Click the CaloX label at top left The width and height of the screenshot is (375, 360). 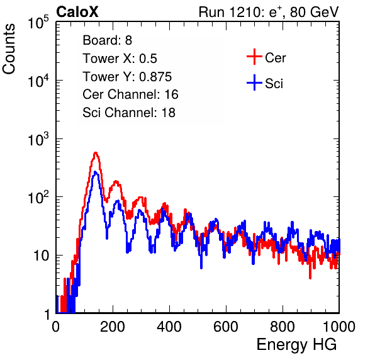tap(77, 12)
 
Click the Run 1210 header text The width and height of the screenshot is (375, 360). tap(269, 12)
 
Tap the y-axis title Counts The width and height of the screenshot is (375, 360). tap(9, 49)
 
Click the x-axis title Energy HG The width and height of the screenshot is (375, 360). tap(296, 345)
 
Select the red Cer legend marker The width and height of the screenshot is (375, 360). tap(254, 57)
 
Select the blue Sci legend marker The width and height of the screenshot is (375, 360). tap(254, 83)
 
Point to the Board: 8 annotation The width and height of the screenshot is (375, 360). tap(107, 40)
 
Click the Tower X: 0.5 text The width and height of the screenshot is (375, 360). tap(120, 59)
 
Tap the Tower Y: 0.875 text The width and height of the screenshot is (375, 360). tap(127, 77)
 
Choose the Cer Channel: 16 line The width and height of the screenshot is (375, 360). tap(130, 94)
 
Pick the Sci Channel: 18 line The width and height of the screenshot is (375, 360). tap(129, 113)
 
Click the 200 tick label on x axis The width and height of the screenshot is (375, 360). tap(113, 327)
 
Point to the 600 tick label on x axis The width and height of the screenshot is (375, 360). tap(226, 327)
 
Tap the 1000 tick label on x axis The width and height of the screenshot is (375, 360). tap(339, 327)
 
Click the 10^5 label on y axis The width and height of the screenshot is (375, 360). tap(38, 23)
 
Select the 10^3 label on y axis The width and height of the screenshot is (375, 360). tap(38, 139)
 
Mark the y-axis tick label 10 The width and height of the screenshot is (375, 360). tap(41, 256)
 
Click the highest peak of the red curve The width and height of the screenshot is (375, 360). tap(96, 152)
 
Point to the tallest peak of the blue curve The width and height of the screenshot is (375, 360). tap(96, 172)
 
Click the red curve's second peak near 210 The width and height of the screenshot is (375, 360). tap(116, 181)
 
